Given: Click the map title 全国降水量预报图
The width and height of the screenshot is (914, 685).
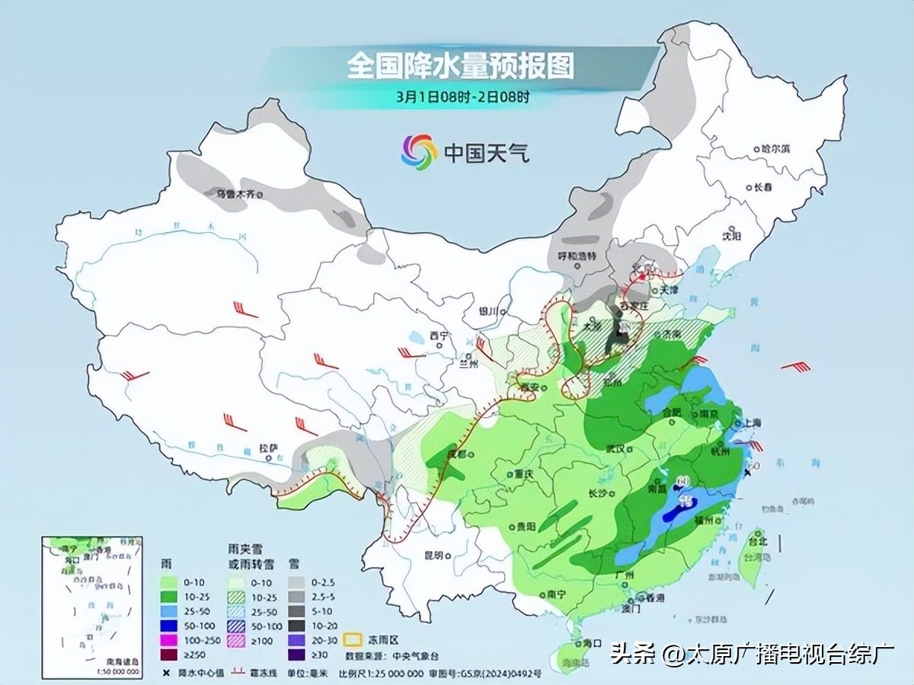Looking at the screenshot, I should [x=460, y=66].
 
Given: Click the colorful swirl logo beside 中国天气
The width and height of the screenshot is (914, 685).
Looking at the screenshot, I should [x=420, y=151].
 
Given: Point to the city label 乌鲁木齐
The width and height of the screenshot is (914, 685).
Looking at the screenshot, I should [x=235, y=194].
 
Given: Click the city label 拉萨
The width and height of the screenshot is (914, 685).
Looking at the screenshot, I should [x=266, y=450].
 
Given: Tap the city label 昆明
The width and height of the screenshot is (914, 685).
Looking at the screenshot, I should [x=433, y=556].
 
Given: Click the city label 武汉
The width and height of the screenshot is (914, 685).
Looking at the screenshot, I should [x=616, y=448].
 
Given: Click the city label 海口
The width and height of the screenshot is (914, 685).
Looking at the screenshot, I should [x=592, y=643].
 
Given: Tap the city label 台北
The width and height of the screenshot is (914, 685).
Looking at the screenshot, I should [x=758, y=542].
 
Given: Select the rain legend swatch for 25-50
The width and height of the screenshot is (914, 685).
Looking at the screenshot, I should [x=169, y=613].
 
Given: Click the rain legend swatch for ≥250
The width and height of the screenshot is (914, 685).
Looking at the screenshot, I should [x=169, y=655].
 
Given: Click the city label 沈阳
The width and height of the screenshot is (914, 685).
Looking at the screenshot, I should [x=730, y=237].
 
